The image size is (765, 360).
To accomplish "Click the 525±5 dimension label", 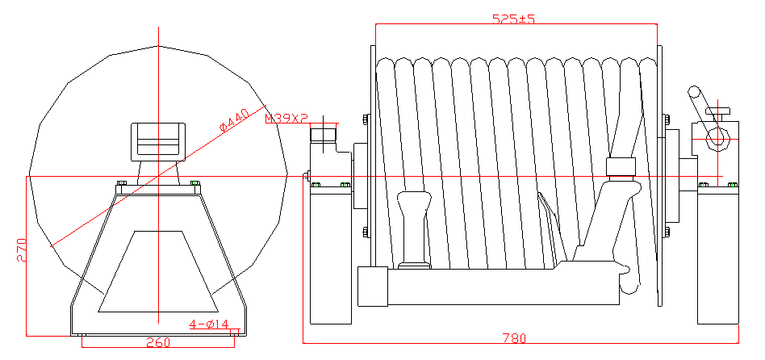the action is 513,19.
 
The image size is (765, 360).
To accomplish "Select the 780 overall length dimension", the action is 514,337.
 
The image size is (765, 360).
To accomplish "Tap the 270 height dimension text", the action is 22,250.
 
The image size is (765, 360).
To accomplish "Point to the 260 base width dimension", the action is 158,342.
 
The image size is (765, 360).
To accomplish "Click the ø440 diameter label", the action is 234,120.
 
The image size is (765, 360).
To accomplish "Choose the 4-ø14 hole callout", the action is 209,324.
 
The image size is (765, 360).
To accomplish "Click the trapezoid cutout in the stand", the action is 158,271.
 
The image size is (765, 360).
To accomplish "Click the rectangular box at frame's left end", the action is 373,287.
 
